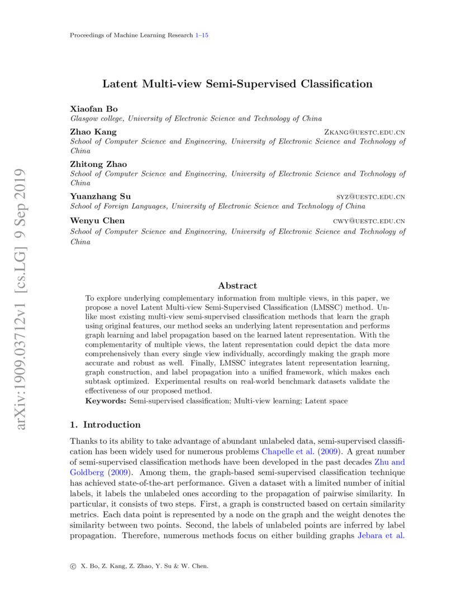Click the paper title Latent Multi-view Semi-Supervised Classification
tap(237, 84)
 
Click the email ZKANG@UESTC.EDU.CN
tap(364, 132)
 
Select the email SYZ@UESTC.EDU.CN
tap(370, 197)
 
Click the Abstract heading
tap(237, 285)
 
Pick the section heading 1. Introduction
tap(105, 424)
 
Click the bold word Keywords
tap(106, 401)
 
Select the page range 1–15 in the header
tap(202, 35)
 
